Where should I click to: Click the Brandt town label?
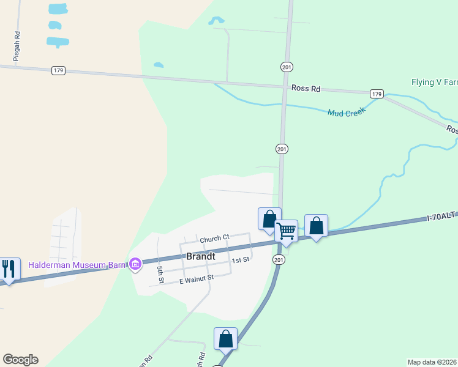(200, 256)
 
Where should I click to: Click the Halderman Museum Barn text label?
(77, 265)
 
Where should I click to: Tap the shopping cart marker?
(286, 231)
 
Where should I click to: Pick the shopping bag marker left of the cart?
(269, 219)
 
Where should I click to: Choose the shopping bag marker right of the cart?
(316, 226)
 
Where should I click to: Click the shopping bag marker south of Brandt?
(225, 339)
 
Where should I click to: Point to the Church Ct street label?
(214, 237)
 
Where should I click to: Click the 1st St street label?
(240, 260)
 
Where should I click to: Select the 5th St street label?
(160, 275)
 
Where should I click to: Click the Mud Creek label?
(346, 112)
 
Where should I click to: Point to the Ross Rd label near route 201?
(306, 88)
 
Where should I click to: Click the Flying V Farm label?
(434, 82)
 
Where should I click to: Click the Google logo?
(20, 360)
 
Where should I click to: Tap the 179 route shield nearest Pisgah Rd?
(58, 70)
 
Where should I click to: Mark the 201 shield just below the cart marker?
(279, 260)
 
